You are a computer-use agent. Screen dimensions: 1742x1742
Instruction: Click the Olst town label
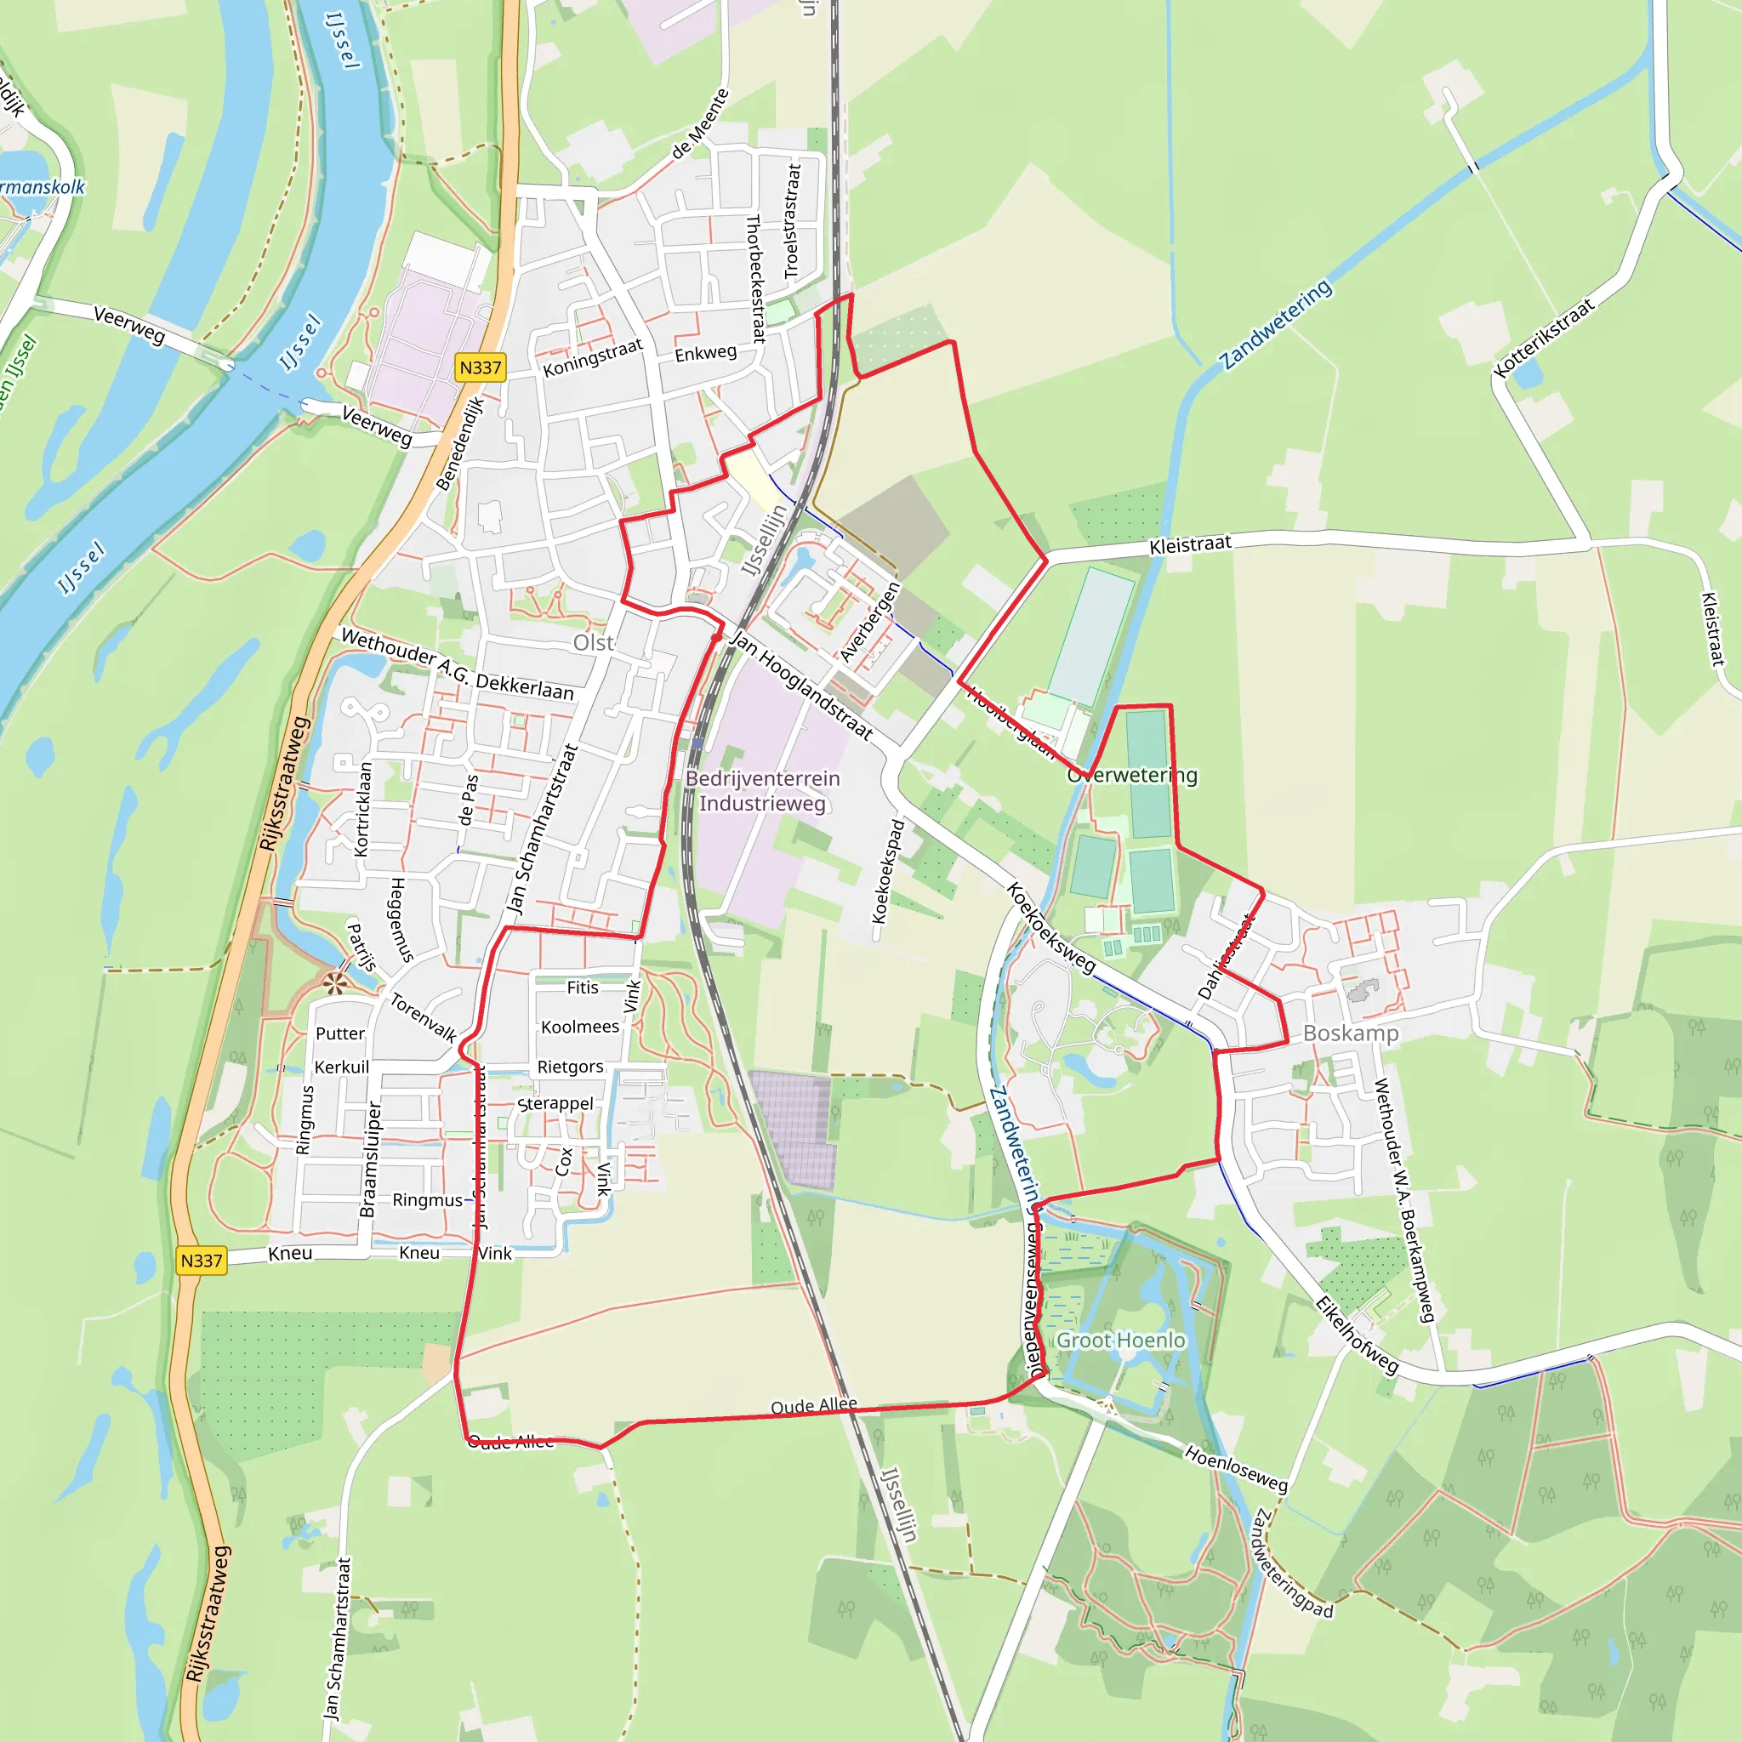tap(594, 643)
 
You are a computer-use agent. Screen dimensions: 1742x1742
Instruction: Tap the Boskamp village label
tap(1351, 1033)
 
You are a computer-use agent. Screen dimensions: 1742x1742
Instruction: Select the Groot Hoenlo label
tap(1120, 1341)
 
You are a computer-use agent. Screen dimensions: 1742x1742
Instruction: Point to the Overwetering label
tap(1132, 776)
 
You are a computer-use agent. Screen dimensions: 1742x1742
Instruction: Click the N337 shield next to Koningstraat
tap(480, 367)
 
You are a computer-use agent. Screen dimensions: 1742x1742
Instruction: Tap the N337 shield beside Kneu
tap(201, 1261)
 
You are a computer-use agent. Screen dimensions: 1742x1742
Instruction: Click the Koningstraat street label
tap(592, 358)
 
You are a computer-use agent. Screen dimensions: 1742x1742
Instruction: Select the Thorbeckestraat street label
tap(755, 279)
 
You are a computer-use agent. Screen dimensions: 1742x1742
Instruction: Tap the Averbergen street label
tap(869, 622)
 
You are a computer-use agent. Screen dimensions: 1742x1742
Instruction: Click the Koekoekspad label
tap(888, 871)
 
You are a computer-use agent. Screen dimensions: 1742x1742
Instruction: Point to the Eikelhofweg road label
tap(1356, 1335)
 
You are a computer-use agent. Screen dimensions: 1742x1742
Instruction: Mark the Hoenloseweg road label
tap(1236, 1469)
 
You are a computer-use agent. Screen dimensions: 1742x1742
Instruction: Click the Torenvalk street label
tap(423, 1018)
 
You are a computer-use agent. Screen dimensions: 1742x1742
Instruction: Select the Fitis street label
tap(583, 988)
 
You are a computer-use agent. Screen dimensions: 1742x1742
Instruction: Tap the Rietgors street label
tap(570, 1067)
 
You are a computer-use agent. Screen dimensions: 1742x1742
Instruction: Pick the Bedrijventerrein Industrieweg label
tap(763, 791)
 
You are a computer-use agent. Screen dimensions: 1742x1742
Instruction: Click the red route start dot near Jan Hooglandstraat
tap(716, 637)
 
